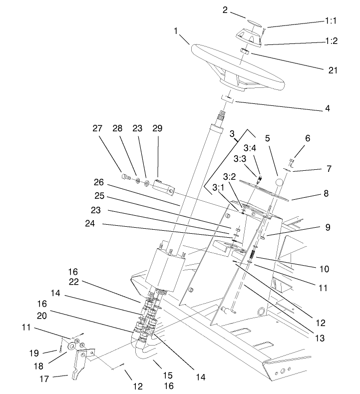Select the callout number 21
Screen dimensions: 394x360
coord(333,70)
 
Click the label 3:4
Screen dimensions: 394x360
coord(249,148)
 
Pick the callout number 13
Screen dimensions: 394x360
coord(320,338)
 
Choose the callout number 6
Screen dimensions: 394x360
coord(308,139)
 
